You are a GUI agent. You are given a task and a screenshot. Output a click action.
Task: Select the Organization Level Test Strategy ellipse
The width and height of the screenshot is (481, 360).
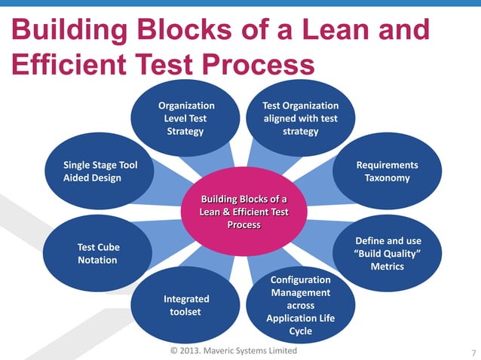tap(185, 119)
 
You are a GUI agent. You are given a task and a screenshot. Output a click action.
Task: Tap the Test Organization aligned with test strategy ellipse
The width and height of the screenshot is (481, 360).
tap(300, 119)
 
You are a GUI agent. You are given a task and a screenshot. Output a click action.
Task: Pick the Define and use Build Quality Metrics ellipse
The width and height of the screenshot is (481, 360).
tap(387, 253)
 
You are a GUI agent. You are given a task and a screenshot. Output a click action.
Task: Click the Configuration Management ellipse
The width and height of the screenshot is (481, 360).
tap(300, 305)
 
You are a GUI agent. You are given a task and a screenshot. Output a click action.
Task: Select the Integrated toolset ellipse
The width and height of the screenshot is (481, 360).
tap(186, 305)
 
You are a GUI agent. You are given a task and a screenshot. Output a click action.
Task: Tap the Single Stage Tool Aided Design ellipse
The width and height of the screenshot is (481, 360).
tap(99, 172)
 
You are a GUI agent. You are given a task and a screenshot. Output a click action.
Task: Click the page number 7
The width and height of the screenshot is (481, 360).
tap(473, 352)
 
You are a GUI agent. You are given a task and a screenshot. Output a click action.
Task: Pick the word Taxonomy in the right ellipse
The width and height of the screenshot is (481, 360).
tap(387, 178)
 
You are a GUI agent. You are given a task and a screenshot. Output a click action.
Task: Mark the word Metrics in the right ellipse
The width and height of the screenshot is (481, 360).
tap(387, 267)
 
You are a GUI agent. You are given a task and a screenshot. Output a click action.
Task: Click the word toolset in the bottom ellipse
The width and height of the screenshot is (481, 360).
tap(186, 312)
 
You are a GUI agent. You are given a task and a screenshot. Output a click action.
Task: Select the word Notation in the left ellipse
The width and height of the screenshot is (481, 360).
tap(97, 260)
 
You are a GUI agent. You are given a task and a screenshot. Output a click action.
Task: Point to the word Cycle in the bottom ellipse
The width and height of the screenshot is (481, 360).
tap(300, 331)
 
